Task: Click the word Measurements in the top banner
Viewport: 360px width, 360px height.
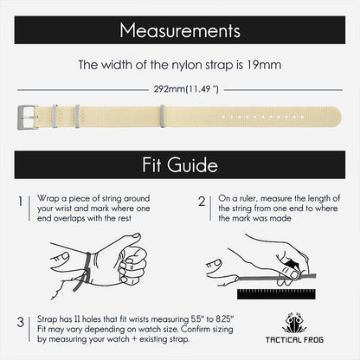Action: [x=179, y=32]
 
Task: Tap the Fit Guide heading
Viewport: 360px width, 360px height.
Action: [x=179, y=164]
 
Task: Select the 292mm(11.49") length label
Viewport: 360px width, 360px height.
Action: [x=180, y=87]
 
